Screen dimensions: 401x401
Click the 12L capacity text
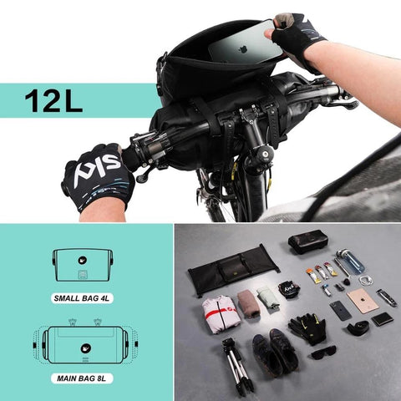[x=53, y=100]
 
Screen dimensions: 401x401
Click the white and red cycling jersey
[x=218, y=313]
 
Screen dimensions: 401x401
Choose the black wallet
[x=383, y=319]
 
